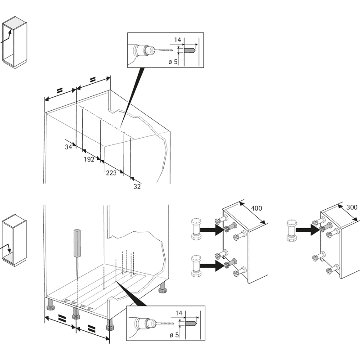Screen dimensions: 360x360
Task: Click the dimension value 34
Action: point(68,147)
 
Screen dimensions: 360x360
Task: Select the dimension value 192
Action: point(89,159)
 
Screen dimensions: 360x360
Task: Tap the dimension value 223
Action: point(111,173)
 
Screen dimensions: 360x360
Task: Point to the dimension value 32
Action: point(137,186)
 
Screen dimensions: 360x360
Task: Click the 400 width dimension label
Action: point(256,208)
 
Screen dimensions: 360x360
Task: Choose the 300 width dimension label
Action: point(352,207)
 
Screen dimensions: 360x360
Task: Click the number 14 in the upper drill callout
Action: point(177,40)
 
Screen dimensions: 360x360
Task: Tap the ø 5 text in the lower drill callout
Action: point(174,335)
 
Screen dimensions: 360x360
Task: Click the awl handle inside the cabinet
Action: point(77,243)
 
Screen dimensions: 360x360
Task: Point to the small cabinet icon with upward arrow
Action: point(14,42)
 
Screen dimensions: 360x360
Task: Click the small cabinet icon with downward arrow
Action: point(14,240)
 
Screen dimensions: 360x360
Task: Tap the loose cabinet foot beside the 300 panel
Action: point(291,230)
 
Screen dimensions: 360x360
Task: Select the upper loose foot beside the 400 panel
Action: point(196,229)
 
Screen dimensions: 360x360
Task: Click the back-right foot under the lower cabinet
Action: point(163,288)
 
